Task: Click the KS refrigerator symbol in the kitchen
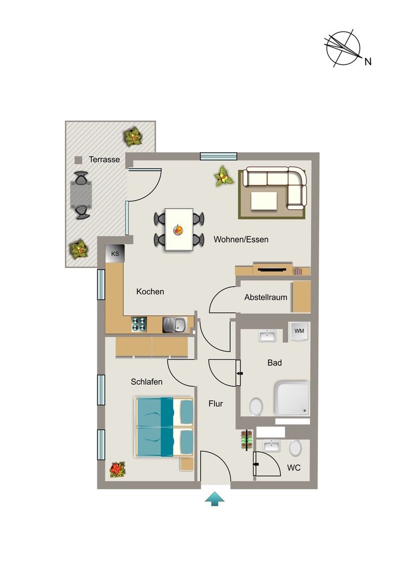[115, 254]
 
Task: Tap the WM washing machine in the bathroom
[300, 331]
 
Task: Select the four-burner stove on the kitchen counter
[139, 324]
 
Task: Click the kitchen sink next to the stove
[174, 324]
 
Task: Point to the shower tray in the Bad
[292, 398]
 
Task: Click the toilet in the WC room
[295, 449]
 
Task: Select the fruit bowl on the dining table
[178, 230]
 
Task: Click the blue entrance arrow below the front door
[215, 499]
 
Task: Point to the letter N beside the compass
[368, 62]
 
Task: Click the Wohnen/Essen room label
[241, 239]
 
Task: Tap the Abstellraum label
[266, 297]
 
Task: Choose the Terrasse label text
[105, 159]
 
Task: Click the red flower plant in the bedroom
[117, 470]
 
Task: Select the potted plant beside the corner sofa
[223, 177]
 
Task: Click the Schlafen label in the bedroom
[146, 382]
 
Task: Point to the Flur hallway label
[215, 404]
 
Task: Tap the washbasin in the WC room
[271, 446]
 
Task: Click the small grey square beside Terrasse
[78, 160]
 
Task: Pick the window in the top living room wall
[219, 156]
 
